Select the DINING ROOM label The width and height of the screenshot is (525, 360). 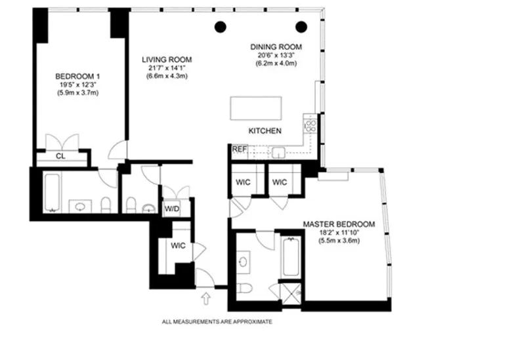[276, 47]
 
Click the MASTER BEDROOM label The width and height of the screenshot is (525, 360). [339, 224]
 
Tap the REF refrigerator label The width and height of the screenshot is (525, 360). [240, 150]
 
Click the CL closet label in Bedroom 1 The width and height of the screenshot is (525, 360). [60, 157]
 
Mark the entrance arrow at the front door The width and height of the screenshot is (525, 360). [207, 298]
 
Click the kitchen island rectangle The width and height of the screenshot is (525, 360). [256, 107]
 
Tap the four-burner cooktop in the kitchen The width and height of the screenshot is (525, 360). [310, 125]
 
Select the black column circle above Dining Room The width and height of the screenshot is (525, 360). [301, 26]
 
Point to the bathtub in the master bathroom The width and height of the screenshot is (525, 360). [290, 256]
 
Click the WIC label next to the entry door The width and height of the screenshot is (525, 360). [178, 246]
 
